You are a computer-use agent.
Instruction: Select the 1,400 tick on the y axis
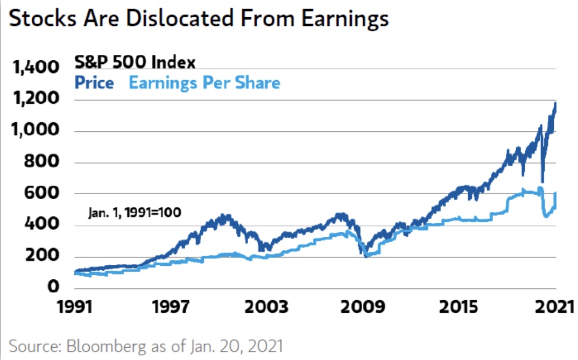pos(34,68)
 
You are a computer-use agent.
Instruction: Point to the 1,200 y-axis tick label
pos(34,100)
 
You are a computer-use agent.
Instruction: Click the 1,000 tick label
pos(34,131)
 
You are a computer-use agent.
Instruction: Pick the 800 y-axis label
pos(43,162)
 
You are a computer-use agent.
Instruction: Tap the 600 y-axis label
pos(43,193)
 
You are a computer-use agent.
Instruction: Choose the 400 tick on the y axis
pos(43,224)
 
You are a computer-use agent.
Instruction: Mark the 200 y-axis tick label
pos(43,256)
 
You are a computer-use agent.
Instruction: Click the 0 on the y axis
pos(53,286)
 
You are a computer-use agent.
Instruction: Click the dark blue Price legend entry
pos(95,83)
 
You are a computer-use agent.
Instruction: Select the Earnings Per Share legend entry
pos(205,83)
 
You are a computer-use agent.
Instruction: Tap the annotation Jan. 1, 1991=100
pos(135,211)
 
